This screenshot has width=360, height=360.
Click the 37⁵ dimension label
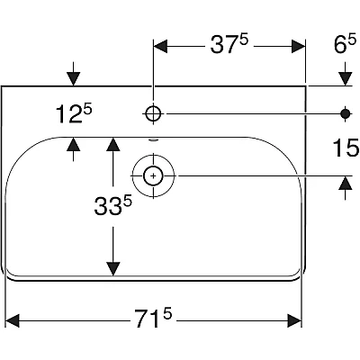point(229,44)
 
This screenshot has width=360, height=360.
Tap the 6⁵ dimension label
point(345,44)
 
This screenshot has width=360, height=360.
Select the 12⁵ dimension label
point(74,113)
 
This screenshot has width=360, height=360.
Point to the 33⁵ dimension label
point(112,205)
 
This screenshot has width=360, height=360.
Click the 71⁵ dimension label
point(153,211)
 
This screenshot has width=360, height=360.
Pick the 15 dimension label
point(346,148)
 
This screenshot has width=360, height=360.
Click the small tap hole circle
point(153,113)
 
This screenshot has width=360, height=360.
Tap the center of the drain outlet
point(153,175)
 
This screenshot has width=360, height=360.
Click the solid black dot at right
point(346,113)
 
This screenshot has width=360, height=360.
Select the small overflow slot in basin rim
point(153,139)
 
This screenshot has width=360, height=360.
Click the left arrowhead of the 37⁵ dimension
point(160,47)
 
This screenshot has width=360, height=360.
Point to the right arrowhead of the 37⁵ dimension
point(298,47)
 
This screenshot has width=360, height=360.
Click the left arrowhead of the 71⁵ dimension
point(13,211)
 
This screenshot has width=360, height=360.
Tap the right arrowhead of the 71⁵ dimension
point(294,211)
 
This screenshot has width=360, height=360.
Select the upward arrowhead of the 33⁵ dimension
point(113,144)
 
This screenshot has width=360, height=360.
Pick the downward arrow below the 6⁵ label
point(346,74)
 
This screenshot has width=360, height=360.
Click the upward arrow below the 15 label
point(346,188)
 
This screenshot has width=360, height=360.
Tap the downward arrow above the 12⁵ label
point(74,74)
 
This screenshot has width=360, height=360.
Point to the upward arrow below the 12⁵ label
point(74,149)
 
